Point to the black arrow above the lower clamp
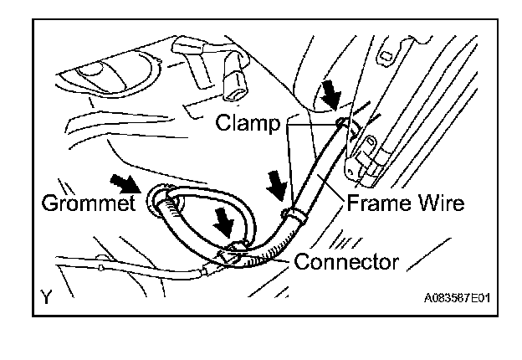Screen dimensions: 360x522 coord(276,185)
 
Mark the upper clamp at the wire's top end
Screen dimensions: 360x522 coord(342,126)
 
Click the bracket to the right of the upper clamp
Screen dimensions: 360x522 coord(369,159)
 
